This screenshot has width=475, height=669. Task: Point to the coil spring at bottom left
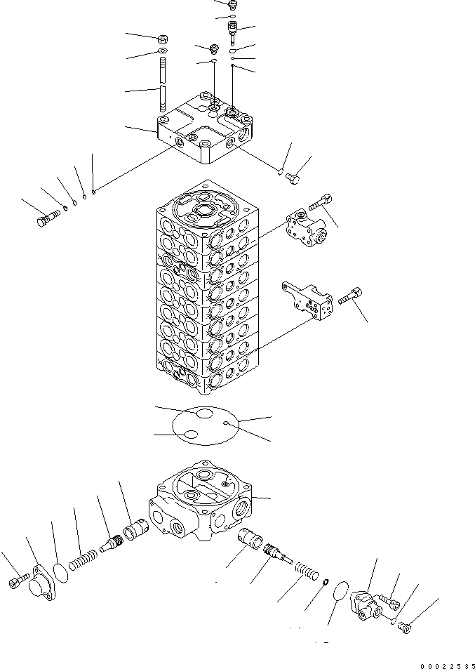click(81, 559)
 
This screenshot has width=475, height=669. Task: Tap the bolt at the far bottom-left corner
click(18, 581)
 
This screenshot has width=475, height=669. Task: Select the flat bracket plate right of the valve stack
click(308, 302)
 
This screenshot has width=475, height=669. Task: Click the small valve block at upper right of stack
click(306, 231)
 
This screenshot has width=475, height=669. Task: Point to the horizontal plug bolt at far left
click(46, 220)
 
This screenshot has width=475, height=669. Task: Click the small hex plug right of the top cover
click(294, 180)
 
